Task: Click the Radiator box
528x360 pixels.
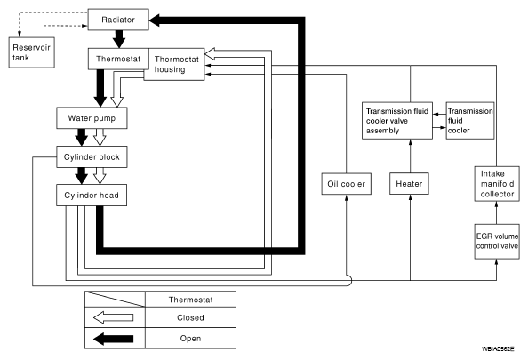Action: coord(118,20)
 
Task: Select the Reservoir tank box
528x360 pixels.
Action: coord(32,52)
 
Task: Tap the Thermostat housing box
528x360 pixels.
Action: coord(174,64)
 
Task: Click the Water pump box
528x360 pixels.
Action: coord(92,118)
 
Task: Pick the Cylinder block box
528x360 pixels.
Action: coord(92,157)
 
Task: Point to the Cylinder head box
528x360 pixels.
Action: coord(92,195)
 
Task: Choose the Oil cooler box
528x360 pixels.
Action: coord(346,184)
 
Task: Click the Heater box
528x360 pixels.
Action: coord(409,183)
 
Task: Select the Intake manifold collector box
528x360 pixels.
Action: coord(497,183)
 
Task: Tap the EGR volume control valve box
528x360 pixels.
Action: coord(497,242)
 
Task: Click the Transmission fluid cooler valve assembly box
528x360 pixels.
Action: coord(397,121)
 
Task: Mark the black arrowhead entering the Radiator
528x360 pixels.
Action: coord(155,20)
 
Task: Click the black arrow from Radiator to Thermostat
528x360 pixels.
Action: coord(118,39)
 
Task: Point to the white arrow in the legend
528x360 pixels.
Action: coord(114,317)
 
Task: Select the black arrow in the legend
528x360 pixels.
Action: coord(114,339)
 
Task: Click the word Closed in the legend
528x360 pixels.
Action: coord(190,317)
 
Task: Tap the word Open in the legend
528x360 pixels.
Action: coord(190,339)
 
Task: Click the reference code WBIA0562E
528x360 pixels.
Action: coord(498,348)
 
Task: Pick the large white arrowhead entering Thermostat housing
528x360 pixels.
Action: coord(210,53)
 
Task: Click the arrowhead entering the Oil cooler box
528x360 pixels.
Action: coord(347,197)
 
